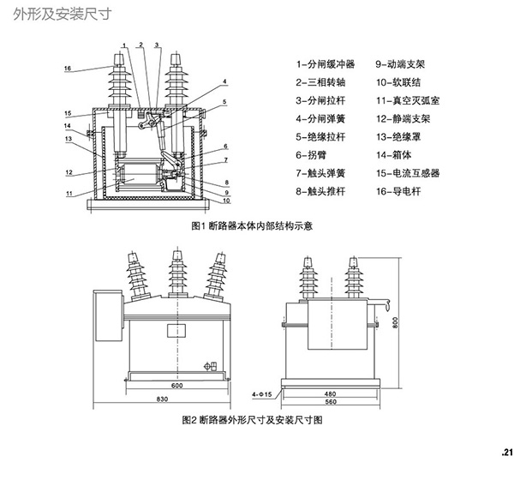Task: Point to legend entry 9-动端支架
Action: coord(407,64)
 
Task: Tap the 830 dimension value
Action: coord(161,400)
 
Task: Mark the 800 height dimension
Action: coord(395,323)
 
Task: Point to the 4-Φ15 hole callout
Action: coord(261,394)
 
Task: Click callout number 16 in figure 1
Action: coord(67,69)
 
